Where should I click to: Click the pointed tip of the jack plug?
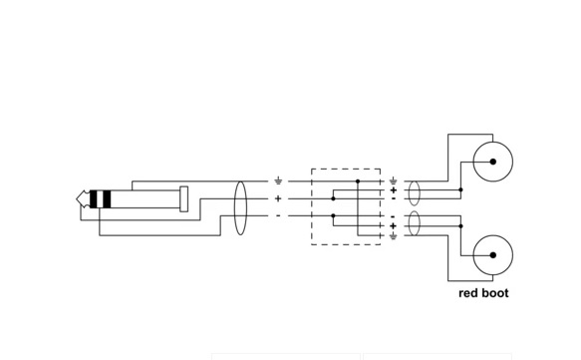[77, 199]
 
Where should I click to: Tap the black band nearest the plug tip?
[94, 199]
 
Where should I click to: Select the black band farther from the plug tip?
[107, 199]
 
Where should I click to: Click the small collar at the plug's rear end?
[183, 199]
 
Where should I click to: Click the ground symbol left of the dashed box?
[278, 180]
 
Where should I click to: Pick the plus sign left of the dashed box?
[278, 198]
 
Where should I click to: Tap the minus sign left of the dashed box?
[278, 215]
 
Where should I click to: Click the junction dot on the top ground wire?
[358, 181]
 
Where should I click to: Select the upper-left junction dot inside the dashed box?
[333, 198]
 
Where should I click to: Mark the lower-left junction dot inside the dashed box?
[333, 215]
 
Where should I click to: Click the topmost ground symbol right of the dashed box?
[393, 180]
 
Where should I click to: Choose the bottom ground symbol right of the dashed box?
[393, 235]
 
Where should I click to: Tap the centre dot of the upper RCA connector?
[493, 162]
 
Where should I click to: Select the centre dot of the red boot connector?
[493, 255]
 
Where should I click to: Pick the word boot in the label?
[494, 293]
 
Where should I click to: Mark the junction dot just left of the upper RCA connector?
[460, 189]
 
